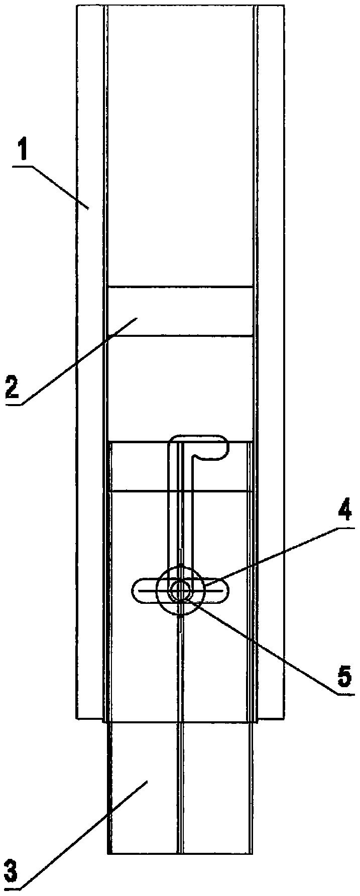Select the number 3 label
(x=10, y=872)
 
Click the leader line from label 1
(x=60, y=186)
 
